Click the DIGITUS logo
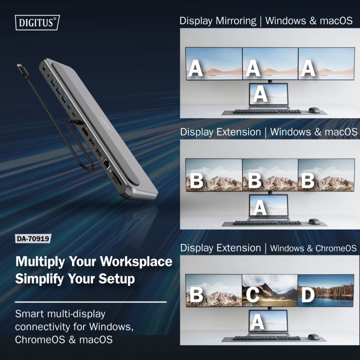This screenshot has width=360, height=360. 38,22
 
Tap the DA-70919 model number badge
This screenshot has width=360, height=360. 33,239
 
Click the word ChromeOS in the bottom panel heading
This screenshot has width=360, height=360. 336,248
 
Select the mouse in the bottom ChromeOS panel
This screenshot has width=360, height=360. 313,336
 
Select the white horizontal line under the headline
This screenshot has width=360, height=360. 90,302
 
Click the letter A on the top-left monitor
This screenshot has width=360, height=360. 196,69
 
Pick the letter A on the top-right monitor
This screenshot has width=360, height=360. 308,69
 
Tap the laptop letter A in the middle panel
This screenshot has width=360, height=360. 260,208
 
